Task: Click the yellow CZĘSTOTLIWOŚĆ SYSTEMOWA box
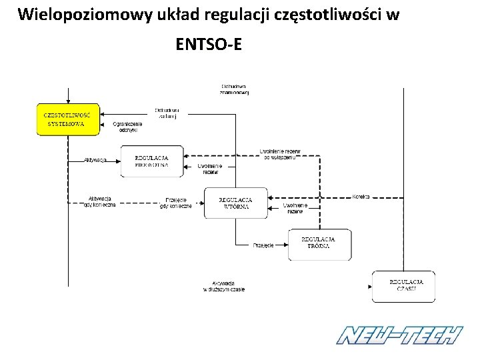coord(67,120)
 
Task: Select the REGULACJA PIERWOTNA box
coord(151,161)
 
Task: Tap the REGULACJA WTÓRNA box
coord(235,203)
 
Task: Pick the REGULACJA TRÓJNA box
coord(318,243)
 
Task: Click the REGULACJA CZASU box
coord(403,285)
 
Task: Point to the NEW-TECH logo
coord(399,335)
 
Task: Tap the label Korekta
coord(361,197)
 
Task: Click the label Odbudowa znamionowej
coord(235,89)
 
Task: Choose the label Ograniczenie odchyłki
coord(128,127)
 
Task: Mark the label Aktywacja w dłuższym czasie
coord(224,287)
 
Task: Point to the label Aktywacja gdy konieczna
coord(100,201)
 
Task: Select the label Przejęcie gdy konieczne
coord(177,203)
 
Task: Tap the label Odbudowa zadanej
coord(167,113)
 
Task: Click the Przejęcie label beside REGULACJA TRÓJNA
coord(263,245)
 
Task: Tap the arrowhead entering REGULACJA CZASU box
coord(370,285)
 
